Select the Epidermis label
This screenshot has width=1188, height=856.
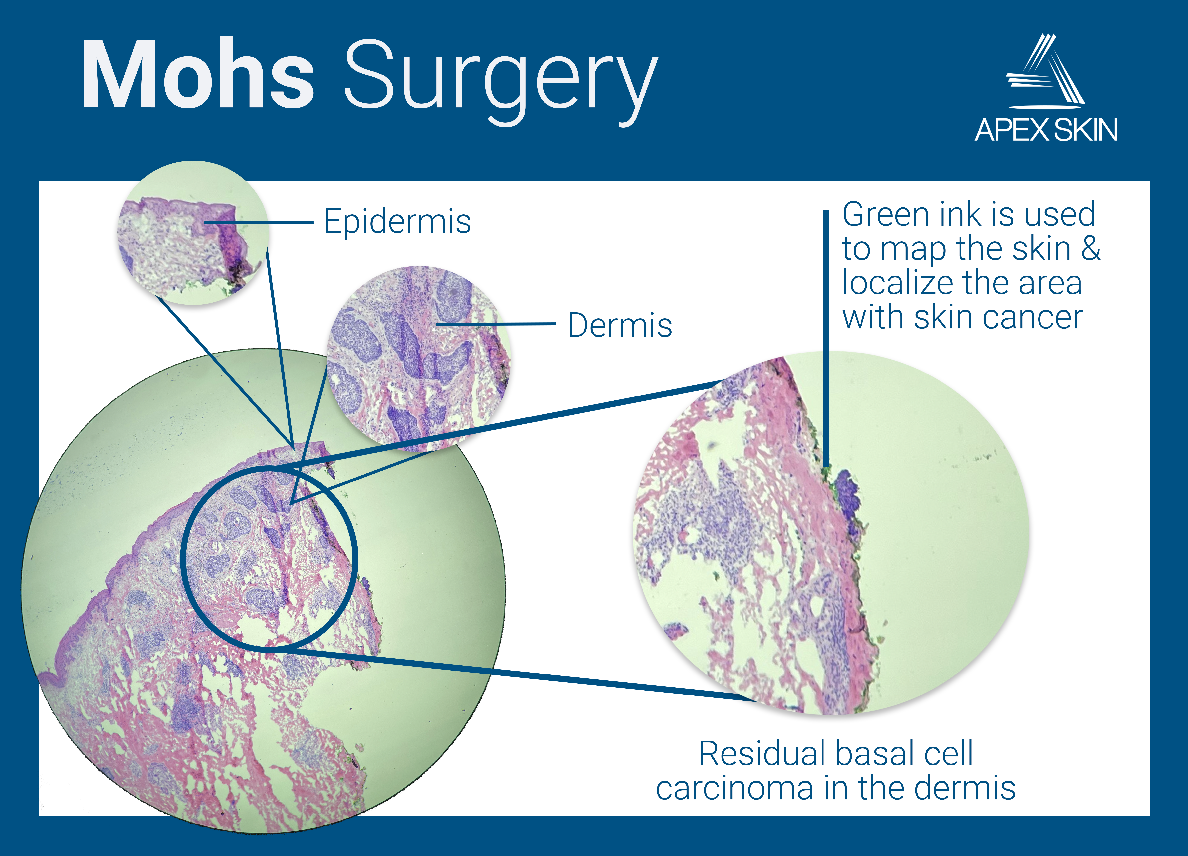tap(397, 222)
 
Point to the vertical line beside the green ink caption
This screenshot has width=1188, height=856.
tap(826, 335)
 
